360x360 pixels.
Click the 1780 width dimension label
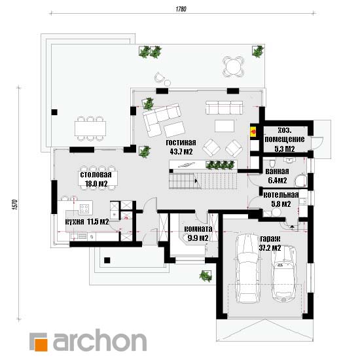tap(181, 9)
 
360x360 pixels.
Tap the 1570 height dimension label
tap(14, 204)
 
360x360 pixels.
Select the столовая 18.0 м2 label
tap(96, 179)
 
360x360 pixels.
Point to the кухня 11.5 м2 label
tap(87, 222)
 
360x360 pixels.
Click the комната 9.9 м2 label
tap(198, 233)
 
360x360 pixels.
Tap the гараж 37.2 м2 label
tap(270, 243)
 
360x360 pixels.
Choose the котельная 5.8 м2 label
tap(281, 199)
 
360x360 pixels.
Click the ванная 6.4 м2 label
tap(277, 176)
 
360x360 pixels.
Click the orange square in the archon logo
tap(41, 344)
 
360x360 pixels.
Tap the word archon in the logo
tap(99, 340)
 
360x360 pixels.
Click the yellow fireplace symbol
tap(254, 132)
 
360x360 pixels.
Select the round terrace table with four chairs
tap(233, 67)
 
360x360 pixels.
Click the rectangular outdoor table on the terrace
tap(90, 128)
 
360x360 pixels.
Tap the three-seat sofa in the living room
tap(224, 107)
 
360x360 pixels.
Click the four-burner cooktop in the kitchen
tap(84, 209)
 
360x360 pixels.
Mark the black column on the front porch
tap(107, 260)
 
